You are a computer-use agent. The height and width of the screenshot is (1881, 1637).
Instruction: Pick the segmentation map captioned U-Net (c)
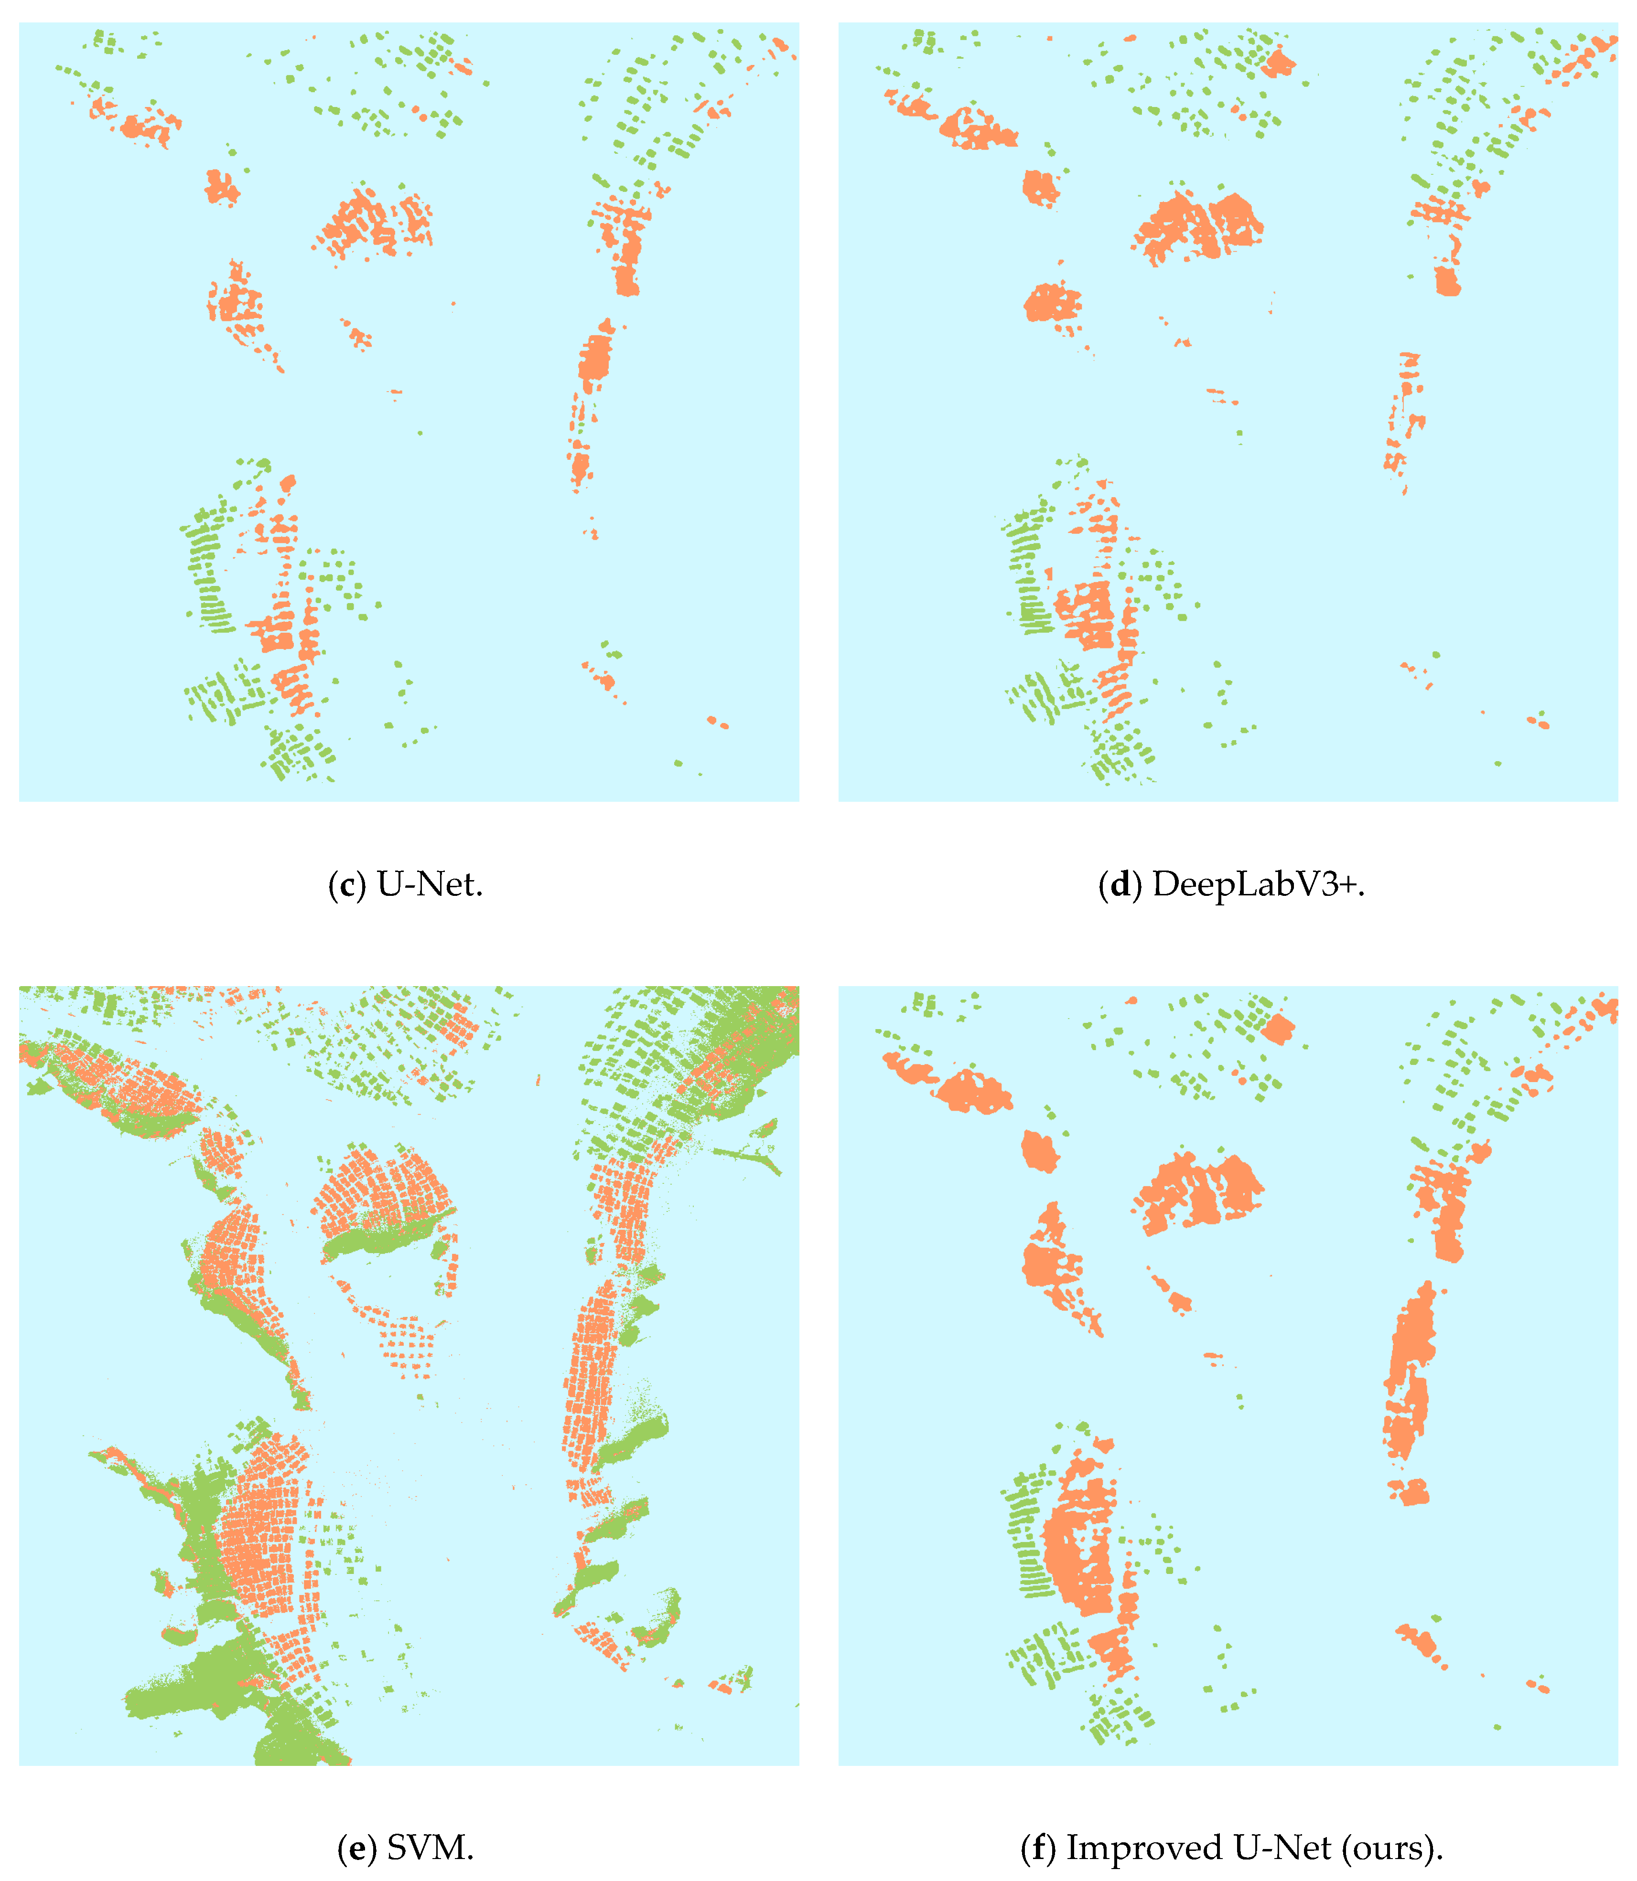409,412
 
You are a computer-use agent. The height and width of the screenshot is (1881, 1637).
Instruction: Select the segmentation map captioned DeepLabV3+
1228,412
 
